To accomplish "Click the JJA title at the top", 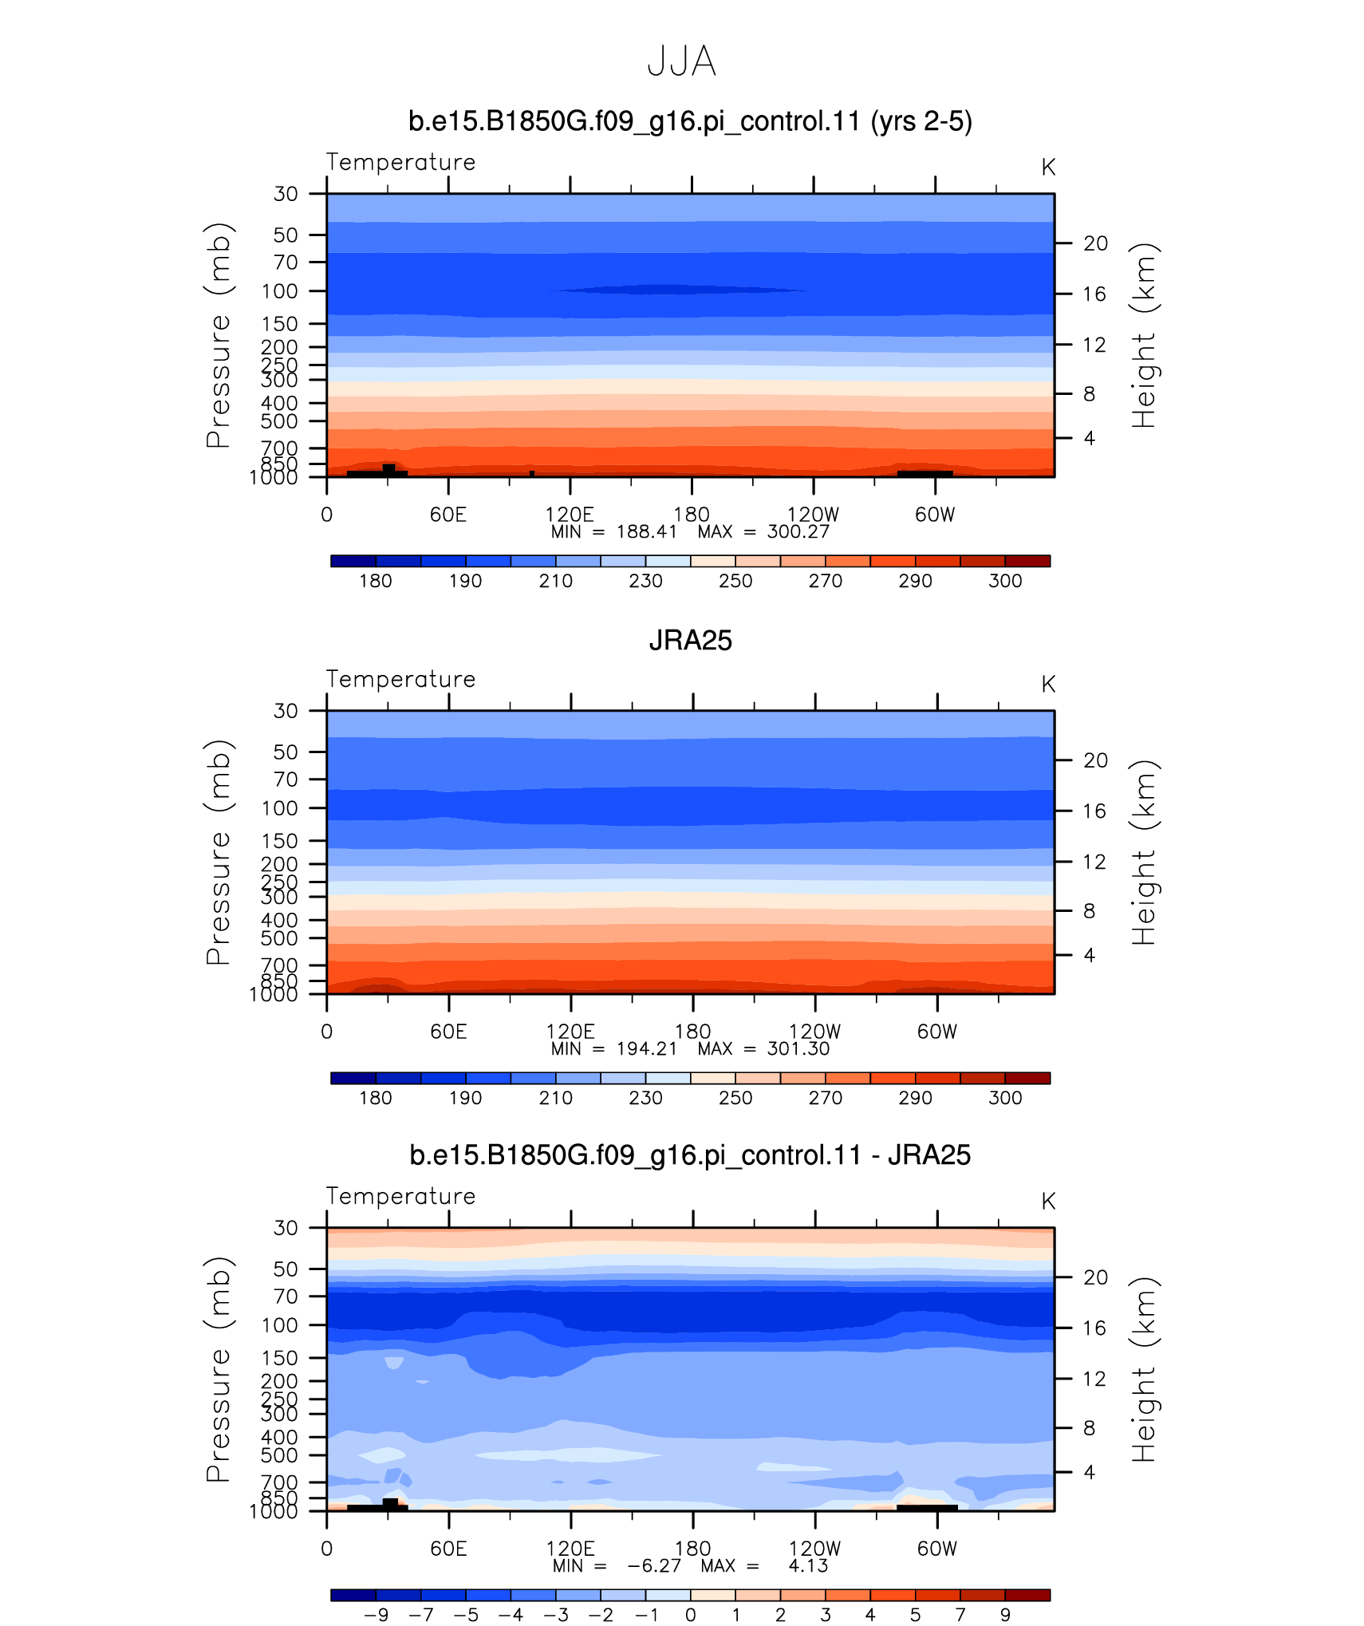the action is pos(681,61).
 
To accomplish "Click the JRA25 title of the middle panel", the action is pos(690,641).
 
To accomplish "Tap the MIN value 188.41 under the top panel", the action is pos(647,532).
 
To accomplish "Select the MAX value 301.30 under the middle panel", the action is pos(798,1049).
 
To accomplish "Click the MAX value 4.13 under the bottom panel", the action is pos(808,1566).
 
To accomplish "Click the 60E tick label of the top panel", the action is pos(448,515).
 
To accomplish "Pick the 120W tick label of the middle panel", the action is pos(815,1032).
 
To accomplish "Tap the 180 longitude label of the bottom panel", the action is pos(692,1549).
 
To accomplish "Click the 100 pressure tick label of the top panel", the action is pos(280,291).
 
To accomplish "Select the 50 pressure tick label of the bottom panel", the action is pos(286,1269).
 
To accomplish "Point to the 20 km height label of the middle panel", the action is pos(1095,760).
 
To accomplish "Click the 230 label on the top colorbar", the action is pos(645,581).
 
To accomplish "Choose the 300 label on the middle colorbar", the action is pos(1005,1098).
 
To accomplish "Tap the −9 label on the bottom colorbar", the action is pos(376,1615).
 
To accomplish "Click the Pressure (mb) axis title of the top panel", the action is pos(218,335).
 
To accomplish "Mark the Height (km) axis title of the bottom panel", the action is pos(1144,1370).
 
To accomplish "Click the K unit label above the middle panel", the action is pos(1048,685).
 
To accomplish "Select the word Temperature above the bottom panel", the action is pos(400,1196).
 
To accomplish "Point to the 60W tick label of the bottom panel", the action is pos(936,1549).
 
